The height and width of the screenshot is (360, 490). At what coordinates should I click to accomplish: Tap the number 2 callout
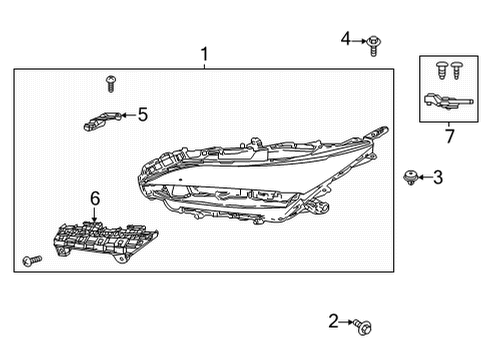click(334, 321)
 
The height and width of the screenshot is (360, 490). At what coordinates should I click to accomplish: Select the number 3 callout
click(438, 178)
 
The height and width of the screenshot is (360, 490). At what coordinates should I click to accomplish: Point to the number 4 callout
click(346, 39)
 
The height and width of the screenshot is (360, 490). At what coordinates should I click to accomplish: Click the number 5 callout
click(142, 114)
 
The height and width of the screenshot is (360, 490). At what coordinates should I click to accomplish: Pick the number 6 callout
click(95, 200)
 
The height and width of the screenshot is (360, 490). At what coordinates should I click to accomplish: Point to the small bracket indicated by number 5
click(96, 121)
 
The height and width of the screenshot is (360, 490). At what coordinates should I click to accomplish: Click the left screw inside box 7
click(440, 70)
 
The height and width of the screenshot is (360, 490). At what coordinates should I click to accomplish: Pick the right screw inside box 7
click(458, 70)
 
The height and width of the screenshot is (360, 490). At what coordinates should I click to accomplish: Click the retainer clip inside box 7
click(445, 100)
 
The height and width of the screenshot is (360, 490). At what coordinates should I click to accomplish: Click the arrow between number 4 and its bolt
click(359, 40)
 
